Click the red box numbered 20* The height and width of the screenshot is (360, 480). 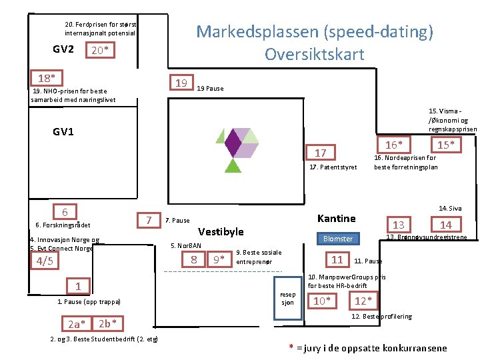[100, 51]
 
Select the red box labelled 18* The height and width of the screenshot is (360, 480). [46, 77]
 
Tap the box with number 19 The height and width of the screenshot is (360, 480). [180, 83]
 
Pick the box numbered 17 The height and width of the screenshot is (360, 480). [321, 153]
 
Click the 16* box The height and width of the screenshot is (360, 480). [393, 145]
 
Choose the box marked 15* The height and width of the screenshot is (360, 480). [446, 145]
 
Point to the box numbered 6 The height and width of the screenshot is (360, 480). [64, 212]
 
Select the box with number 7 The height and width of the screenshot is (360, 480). [149, 220]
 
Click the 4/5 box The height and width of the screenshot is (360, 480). [45, 261]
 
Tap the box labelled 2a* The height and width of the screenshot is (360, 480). [77, 324]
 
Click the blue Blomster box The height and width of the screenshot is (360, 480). [338, 239]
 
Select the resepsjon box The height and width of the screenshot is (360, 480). [287, 298]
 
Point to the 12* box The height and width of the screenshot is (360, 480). [365, 301]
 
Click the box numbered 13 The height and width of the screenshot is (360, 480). [398, 225]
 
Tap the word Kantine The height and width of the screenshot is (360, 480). [337, 219]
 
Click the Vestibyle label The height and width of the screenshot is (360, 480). [221, 232]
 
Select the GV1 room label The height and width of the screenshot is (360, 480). [63, 131]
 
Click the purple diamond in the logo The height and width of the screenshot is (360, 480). [233, 141]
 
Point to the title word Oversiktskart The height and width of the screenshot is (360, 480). [314, 54]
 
